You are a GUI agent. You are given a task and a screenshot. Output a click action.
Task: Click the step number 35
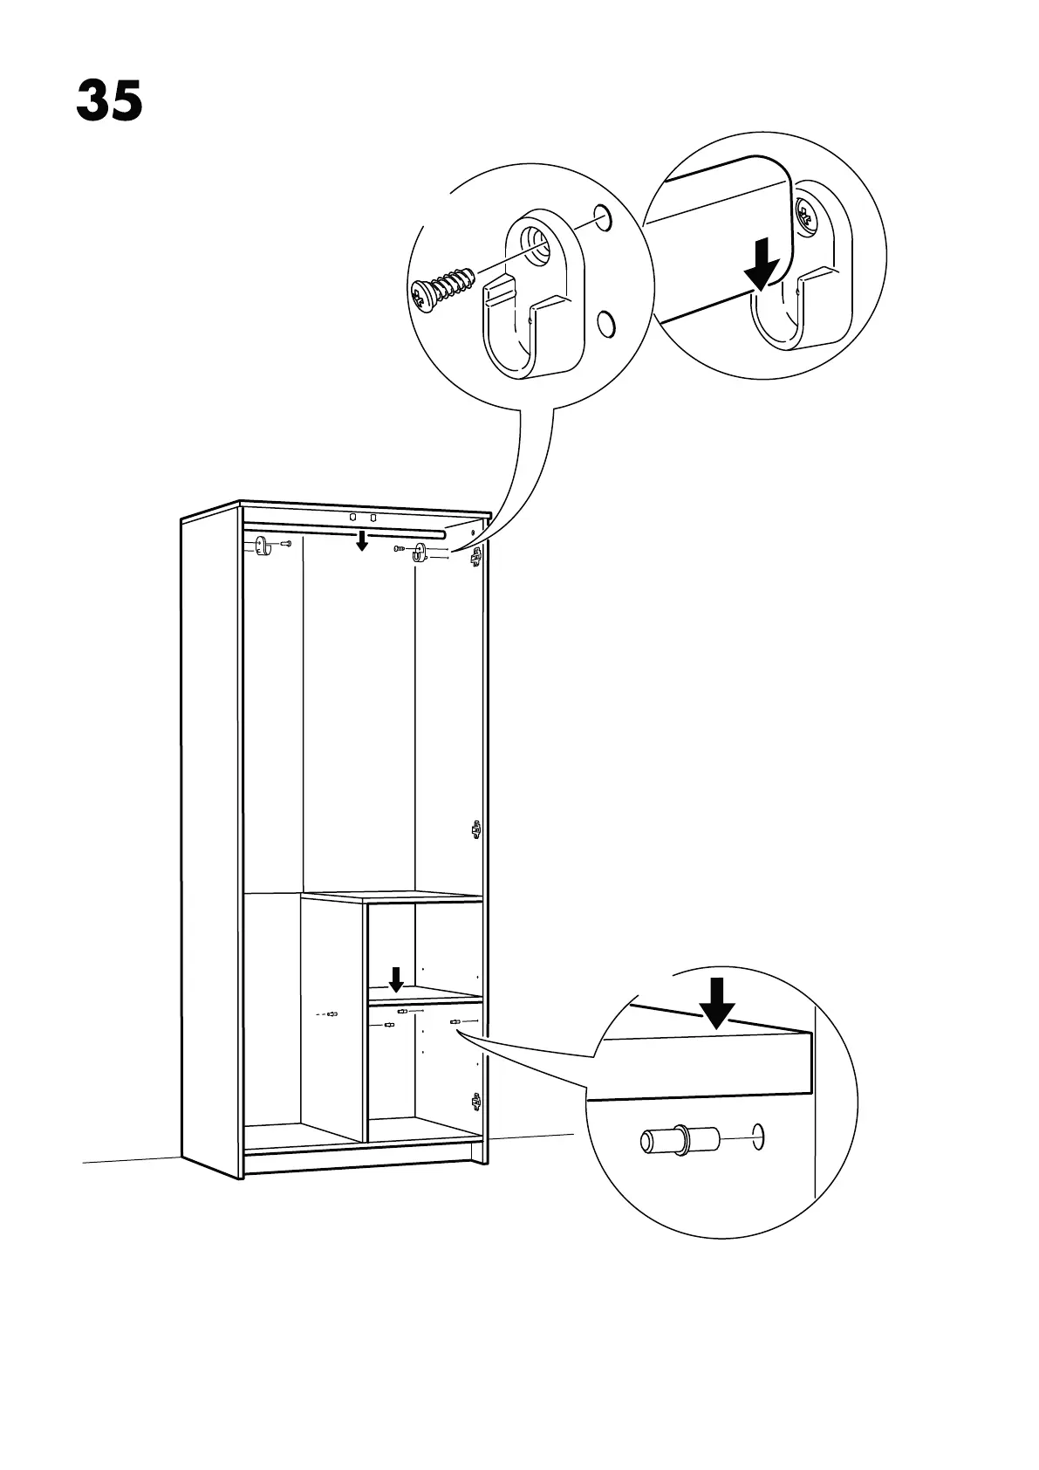(x=109, y=101)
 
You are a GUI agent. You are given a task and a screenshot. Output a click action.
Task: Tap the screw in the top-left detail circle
(x=443, y=288)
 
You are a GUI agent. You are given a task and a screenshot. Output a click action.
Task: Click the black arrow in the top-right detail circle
(x=762, y=264)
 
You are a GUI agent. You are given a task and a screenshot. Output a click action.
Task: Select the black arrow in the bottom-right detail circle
(x=717, y=1003)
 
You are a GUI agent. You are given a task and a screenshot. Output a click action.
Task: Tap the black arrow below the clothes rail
(x=361, y=541)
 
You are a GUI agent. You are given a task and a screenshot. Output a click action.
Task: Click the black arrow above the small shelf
(x=396, y=979)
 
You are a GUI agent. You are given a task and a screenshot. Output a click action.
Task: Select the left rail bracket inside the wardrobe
(x=262, y=547)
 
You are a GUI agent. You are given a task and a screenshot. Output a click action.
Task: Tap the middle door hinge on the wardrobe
(x=475, y=828)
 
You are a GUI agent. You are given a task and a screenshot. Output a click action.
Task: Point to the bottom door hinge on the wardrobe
(x=475, y=1102)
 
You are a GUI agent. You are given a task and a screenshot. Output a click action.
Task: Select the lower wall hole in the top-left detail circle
(x=604, y=324)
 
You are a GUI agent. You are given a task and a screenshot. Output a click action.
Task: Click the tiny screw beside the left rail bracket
(x=285, y=546)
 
